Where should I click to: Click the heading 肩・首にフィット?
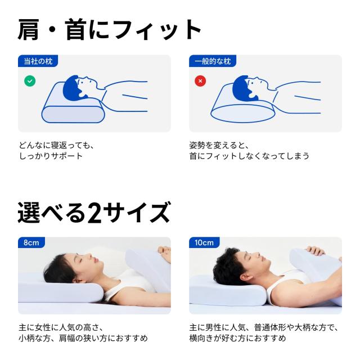click(x=109, y=29)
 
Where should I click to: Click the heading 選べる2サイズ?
click(x=93, y=213)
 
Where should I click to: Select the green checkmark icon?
click(x=30, y=81)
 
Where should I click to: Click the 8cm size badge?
click(x=31, y=243)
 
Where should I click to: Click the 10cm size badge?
click(x=204, y=243)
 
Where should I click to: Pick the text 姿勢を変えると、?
click(x=218, y=145)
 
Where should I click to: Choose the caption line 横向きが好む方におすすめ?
click(x=237, y=338)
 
